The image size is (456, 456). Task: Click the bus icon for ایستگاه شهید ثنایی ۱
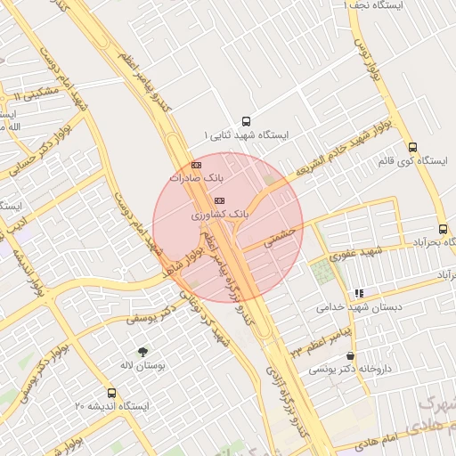click(x=247, y=121)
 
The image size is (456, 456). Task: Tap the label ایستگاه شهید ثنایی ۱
click(x=247, y=136)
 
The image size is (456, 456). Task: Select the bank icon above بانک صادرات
click(x=197, y=165)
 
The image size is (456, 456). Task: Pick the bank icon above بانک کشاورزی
click(x=220, y=200)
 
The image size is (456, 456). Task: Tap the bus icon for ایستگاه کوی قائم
click(x=412, y=148)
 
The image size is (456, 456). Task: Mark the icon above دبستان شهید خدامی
click(x=359, y=293)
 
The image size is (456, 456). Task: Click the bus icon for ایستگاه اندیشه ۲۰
click(x=111, y=393)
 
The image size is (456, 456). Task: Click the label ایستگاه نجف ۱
click(x=374, y=6)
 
